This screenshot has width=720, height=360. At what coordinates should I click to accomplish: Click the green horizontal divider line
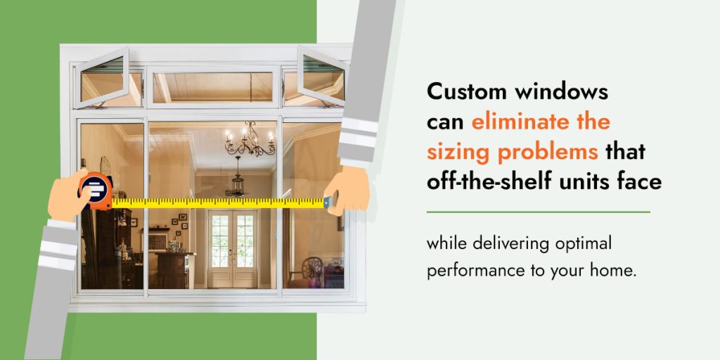click(x=539, y=212)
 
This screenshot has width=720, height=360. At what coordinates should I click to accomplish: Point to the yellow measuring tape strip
click(x=218, y=202)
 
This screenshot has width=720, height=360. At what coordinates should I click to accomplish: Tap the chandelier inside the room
click(x=250, y=139)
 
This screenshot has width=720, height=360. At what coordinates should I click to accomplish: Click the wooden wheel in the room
click(x=312, y=269)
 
